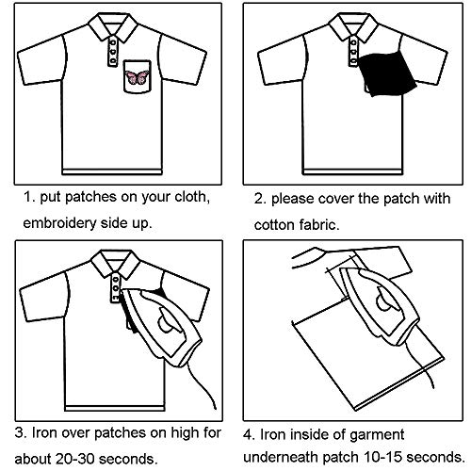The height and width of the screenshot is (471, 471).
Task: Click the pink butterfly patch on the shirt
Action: [x=137, y=77]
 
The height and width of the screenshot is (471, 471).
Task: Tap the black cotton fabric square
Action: [x=387, y=73]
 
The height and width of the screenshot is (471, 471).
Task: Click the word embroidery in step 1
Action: [x=59, y=223]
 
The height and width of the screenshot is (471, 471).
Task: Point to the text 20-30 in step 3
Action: [x=75, y=459]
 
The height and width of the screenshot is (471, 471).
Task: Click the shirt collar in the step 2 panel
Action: [x=353, y=26]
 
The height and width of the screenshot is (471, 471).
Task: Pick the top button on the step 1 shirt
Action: [x=113, y=41]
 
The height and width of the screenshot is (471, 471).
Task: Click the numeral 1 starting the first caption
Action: [x=27, y=198]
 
